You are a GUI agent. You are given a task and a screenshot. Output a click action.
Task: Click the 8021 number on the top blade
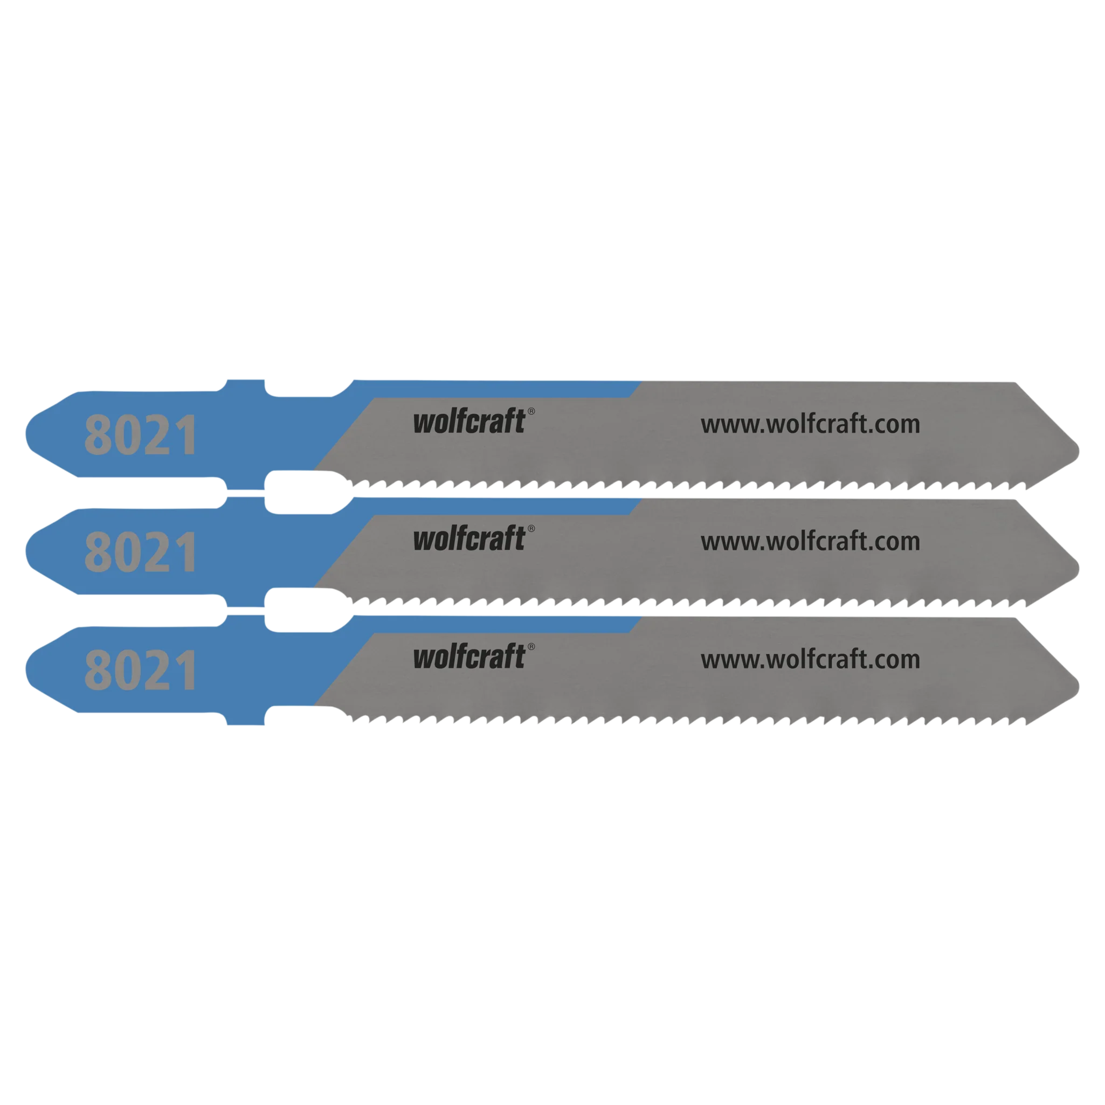tap(141, 434)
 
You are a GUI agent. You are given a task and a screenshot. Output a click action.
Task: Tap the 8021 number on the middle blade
tap(141, 552)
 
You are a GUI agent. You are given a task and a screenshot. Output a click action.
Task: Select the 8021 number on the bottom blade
tap(141, 670)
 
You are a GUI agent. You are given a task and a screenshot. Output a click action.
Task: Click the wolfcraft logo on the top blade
tap(469, 421)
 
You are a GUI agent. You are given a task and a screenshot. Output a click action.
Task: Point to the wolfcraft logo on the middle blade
tap(469, 538)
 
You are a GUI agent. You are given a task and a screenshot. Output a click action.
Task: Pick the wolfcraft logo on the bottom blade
tap(469, 656)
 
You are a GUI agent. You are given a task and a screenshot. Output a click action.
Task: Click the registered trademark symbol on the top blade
tap(531, 411)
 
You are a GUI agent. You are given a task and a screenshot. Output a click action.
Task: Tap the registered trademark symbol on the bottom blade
tap(531, 646)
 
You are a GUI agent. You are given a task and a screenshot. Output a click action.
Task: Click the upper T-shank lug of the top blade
tap(246, 385)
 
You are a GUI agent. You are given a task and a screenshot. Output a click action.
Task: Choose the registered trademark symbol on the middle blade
tap(531, 528)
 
